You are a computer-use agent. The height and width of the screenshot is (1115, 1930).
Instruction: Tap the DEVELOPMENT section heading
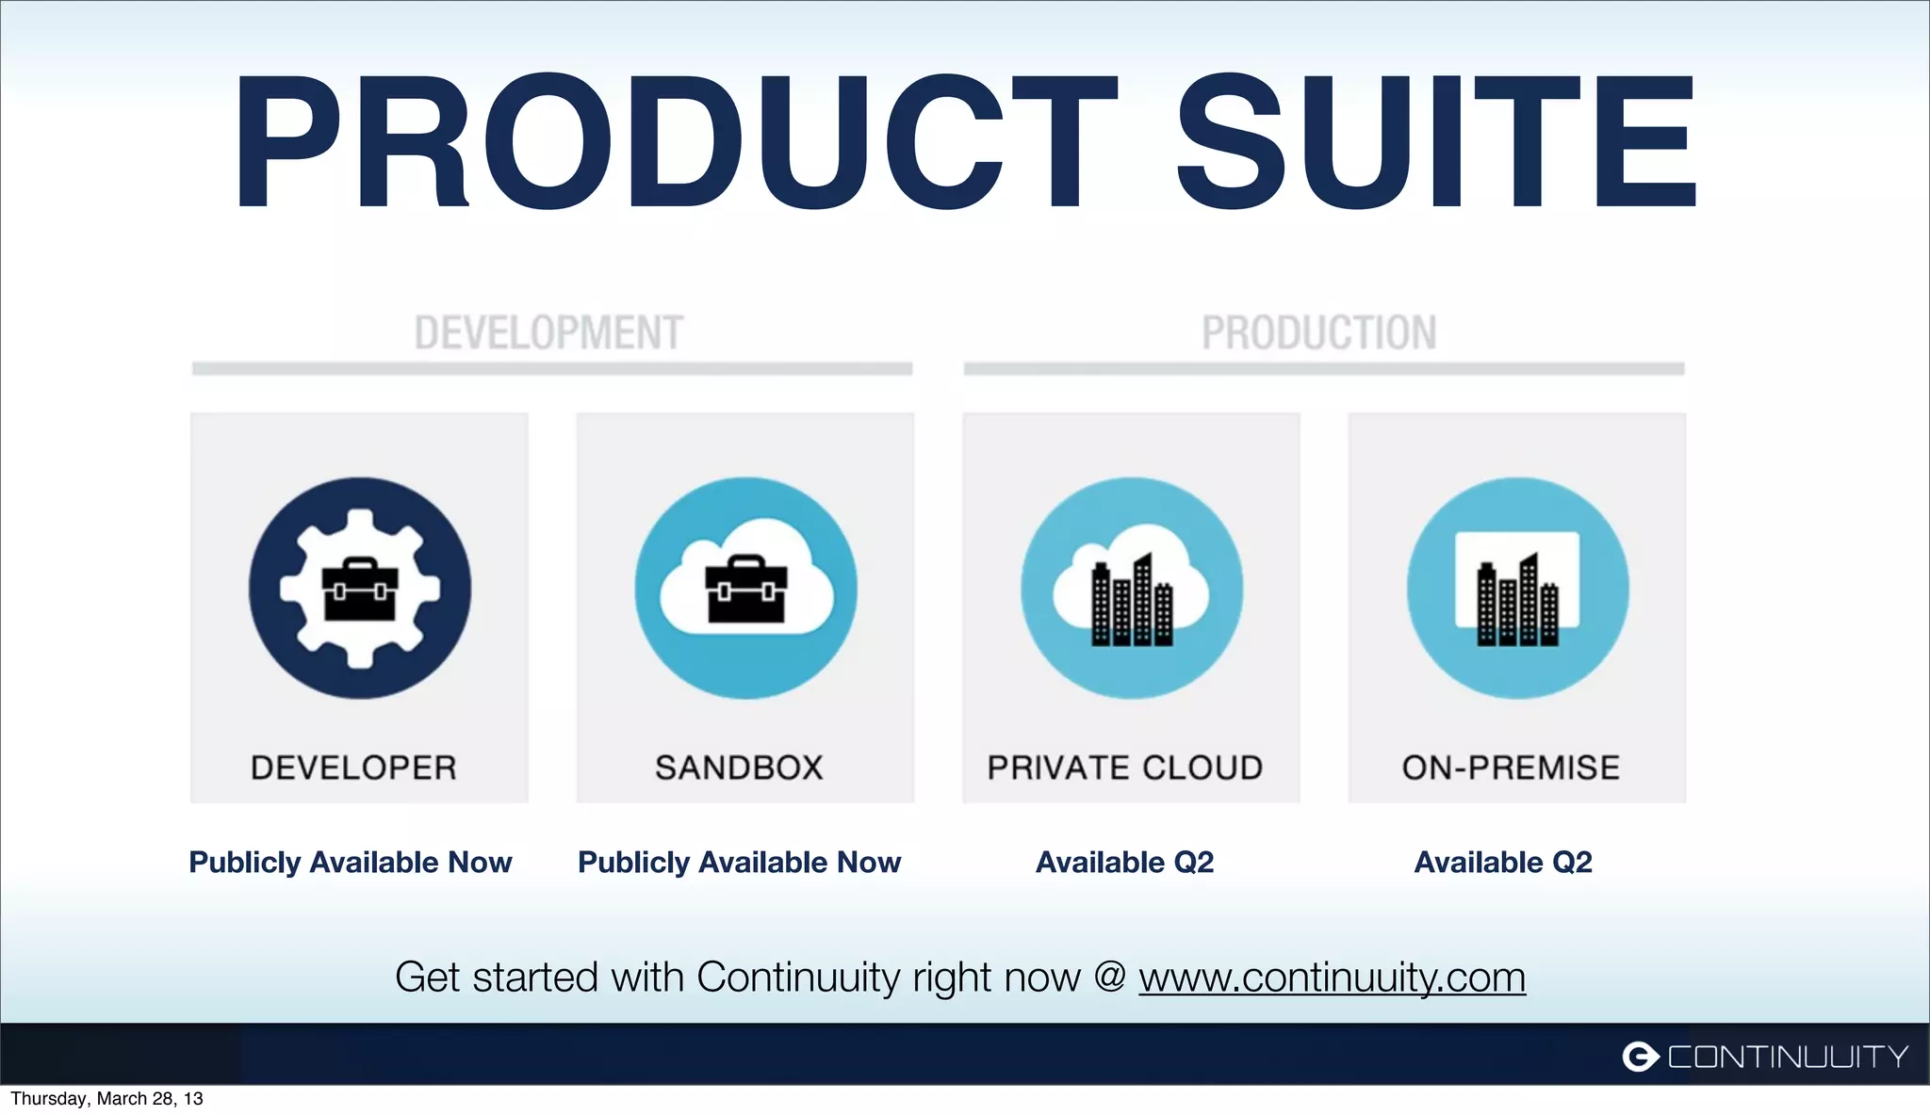pyautogui.click(x=548, y=333)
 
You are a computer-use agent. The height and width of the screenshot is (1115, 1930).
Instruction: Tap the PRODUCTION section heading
pyautogui.click(x=1318, y=333)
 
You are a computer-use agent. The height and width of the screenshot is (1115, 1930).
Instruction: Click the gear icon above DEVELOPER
pyautogui.click(x=359, y=589)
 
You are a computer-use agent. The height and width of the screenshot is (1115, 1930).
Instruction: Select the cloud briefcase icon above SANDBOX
pyautogui.click(x=745, y=589)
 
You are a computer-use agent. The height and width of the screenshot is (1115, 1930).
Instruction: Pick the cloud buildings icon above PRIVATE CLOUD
pyautogui.click(x=1131, y=589)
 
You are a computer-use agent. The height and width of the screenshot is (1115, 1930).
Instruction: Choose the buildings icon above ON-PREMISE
pyautogui.click(x=1517, y=589)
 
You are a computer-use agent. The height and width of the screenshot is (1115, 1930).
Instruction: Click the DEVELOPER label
pyautogui.click(x=353, y=768)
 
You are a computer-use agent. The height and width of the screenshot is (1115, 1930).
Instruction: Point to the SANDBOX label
pyautogui.click(x=740, y=768)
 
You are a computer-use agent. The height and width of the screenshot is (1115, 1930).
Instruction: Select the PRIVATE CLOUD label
pyautogui.click(x=1125, y=768)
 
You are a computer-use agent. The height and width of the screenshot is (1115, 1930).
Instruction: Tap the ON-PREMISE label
pyautogui.click(x=1511, y=768)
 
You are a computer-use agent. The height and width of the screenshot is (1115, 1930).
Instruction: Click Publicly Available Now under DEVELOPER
pyautogui.click(x=351, y=862)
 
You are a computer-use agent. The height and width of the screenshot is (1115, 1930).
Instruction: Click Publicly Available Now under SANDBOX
pyautogui.click(x=740, y=862)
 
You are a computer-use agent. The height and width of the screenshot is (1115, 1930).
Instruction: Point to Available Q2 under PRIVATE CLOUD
pyautogui.click(x=1124, y=862)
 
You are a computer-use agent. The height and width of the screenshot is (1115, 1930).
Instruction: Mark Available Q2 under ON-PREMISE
pyautogui.click(x=1503, y=862)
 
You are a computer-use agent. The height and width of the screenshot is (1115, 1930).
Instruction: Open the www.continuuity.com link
pyautogui.click(x=1332, y=978)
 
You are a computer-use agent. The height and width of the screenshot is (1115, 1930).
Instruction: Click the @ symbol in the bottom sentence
pyautogui.click(x=1110, y=977)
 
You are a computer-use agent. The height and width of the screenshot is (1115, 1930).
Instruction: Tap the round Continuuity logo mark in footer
pyautogui.click(x=1640, y=1057)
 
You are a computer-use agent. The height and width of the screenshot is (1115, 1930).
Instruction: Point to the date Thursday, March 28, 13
pyautogui.click(x=106, y=1099)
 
